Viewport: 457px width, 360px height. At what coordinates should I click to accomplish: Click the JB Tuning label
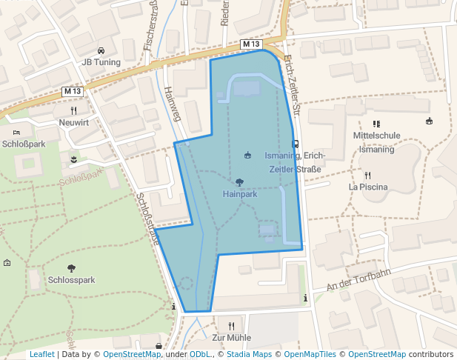pos(101,62)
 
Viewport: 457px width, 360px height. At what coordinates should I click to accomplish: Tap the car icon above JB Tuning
pos(101,50)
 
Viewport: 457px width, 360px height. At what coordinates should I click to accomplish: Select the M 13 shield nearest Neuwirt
pos(73,91)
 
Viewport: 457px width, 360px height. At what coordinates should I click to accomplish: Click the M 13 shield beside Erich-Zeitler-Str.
pos(252,44)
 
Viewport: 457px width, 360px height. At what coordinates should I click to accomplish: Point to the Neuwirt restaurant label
pos(73,122)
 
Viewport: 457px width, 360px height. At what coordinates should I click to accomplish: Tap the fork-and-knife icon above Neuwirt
pos(73,110)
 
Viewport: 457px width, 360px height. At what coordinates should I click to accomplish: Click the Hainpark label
pos(239,194)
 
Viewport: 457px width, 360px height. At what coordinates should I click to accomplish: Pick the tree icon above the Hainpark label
pos(239,182)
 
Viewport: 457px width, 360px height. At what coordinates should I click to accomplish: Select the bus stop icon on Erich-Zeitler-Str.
pos(296,144)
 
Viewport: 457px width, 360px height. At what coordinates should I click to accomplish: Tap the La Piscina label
pos(368,187)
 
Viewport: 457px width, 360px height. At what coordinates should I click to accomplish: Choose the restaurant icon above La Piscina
pos(368,176)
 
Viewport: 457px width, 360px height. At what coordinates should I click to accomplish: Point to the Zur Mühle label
pos(232,338)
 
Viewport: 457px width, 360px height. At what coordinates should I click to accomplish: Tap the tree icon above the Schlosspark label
pos(71,269)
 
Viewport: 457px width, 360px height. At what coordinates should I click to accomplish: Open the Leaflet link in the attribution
pos(41,355)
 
